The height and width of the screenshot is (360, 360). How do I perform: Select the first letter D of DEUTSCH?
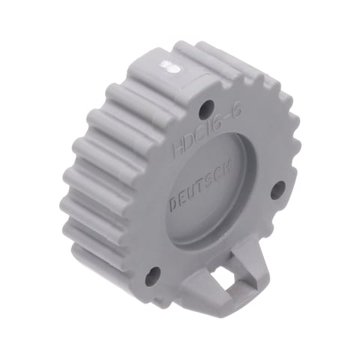pyautogui.click(x=173, y=203)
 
